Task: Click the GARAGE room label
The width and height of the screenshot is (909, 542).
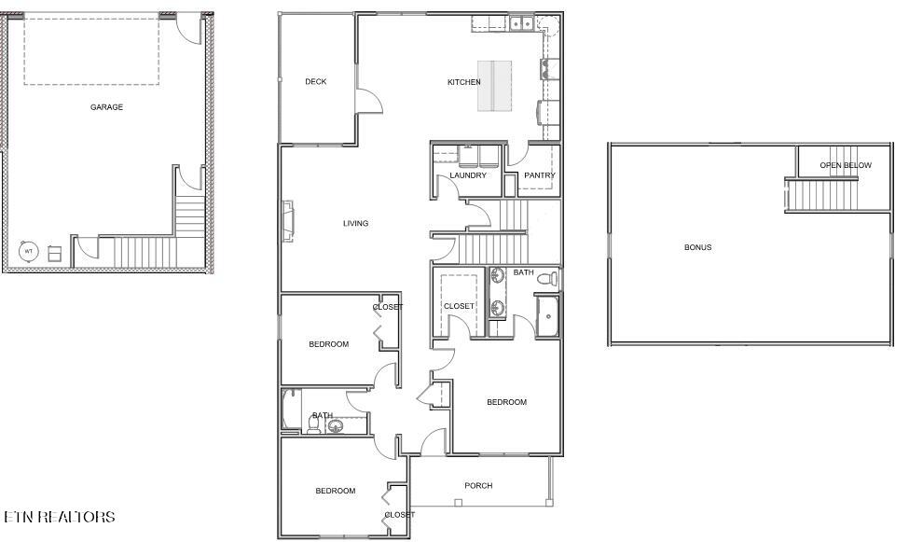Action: coord(106,107)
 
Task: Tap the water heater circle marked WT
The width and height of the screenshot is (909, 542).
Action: coord(29,251)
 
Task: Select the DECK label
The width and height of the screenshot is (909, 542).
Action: coord(316,82)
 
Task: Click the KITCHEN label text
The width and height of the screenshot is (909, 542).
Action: coord(463,82)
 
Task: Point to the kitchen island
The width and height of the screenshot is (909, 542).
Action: coord(495,86)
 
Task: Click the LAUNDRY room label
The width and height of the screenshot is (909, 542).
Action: coord(468,175)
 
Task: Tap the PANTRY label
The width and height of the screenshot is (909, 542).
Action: coord(540,175)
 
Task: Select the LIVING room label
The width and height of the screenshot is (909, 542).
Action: coord(355,223)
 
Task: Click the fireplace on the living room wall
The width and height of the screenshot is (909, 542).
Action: coord(289,222)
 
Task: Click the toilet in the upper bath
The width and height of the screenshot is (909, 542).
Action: coord(551,278)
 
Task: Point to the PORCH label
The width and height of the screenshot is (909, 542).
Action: coord(478,486)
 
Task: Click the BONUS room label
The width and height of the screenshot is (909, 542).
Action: coord(697,247)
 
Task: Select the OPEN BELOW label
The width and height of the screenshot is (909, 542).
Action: coord(846,165)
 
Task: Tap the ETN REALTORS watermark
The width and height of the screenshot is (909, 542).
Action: coord(60,517)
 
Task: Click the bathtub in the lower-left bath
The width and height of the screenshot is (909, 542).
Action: coord(290,410)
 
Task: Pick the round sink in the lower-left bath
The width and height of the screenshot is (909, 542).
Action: coord(336,426)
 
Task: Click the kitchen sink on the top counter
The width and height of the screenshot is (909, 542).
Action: coord(520,23)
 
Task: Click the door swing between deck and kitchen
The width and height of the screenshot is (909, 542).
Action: coord(368,101)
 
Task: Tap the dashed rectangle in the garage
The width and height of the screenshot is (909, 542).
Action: coord(91,50)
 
